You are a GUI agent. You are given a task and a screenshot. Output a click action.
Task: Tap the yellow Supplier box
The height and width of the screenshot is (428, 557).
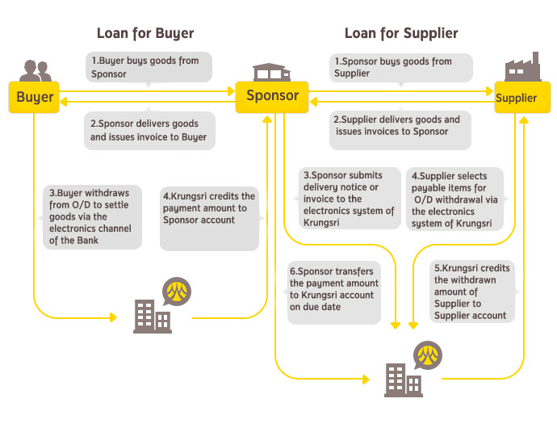tap(516, 99)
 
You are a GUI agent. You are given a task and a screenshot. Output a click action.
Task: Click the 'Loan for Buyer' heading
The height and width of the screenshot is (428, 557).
tap(145, 34)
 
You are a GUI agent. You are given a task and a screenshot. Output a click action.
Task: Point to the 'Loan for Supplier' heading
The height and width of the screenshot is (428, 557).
tap(401, 34)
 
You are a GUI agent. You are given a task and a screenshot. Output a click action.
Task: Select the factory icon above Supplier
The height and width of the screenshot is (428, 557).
tap(521, 68)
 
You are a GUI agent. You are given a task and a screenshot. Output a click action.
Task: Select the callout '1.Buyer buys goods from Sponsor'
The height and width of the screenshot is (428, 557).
tap(149, 67)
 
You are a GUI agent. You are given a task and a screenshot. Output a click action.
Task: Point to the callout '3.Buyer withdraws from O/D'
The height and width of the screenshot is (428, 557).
tap(91, 217)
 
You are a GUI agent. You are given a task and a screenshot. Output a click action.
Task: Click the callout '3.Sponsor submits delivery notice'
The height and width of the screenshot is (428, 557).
tap(349, 199)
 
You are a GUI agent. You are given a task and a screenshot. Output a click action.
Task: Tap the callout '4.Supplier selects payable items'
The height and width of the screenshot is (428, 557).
tap(457, 199)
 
